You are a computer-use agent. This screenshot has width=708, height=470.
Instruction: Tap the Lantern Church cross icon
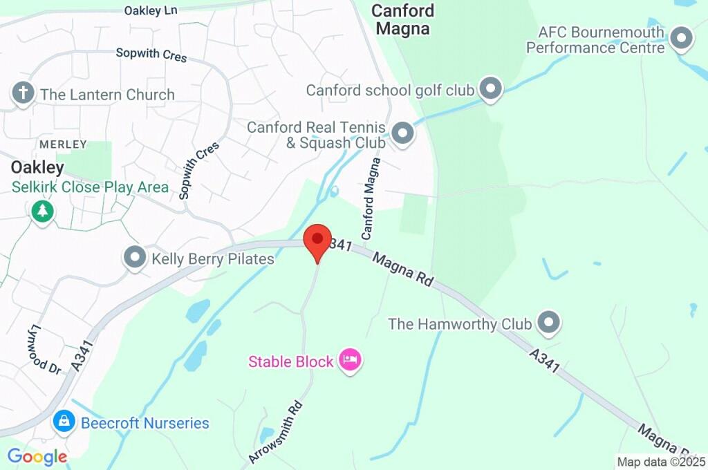tap(24, 93)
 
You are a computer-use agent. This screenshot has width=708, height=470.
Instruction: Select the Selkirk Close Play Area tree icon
tap(43, 211)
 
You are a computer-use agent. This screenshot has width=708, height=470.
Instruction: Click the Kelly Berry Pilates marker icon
tap(134, 258)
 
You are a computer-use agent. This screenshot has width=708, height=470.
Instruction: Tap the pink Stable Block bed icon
tap(351, 359)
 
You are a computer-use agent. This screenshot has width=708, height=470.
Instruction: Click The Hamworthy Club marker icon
tap(549, 322)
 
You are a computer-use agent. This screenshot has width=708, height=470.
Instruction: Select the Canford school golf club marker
tap(491, 88)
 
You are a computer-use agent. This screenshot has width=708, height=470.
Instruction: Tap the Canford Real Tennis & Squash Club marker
tap(402, 133)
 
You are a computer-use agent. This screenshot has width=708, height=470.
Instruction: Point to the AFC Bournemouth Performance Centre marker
tap(682, 38)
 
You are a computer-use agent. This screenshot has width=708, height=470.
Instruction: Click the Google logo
tap(37, 456)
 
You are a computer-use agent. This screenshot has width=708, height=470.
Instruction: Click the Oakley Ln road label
tap(151, 10)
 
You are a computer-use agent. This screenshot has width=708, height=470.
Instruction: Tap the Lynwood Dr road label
tap(46, 350)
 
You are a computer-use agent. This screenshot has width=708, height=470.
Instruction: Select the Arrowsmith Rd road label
tap(275, 432)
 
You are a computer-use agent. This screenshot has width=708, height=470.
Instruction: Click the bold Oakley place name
tap(37, 167)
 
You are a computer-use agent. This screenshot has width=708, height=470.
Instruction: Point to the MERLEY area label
tap(63, 144)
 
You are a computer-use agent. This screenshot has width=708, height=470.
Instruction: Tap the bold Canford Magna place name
tap(402, 19)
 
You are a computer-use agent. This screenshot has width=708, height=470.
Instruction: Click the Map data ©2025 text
tap(661, 462)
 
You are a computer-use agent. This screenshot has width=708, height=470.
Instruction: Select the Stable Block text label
tap(291, 361)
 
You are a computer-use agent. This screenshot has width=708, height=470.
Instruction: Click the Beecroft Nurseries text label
tap(145, 423)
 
